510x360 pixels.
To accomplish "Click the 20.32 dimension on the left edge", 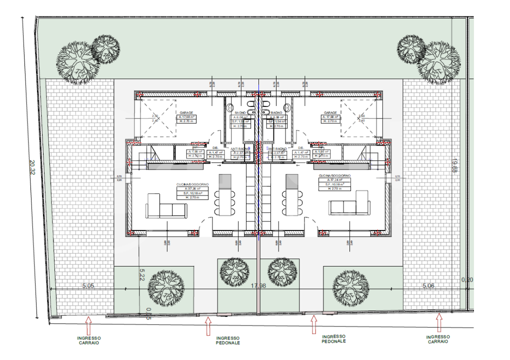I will pyautogui.click(x=31, y=167).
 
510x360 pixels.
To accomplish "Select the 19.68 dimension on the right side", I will pyautogui.click(x=454, y=166).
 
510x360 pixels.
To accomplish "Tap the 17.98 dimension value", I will pyautogui.click(x=258, y=285).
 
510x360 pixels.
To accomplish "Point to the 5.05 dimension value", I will pyautogui.click(x=88, y=286).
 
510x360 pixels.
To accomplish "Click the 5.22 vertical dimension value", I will pyautogui.click(x=141, y=275).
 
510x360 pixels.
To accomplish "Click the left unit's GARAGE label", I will pyautogui.click(x=186, y=113).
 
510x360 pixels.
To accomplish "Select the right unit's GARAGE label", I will pyautogui.click(x=329, y=113).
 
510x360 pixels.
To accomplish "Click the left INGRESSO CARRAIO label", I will pyautogui.click(x=88, y=340).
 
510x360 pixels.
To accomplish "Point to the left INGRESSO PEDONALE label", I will pyautogui.click(x=228, y=340).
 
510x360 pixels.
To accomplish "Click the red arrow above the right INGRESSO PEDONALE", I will pyautogui.click(x=313, y=325).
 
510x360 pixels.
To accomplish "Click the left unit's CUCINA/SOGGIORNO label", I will pyautogui.click(x=192, y=184).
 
